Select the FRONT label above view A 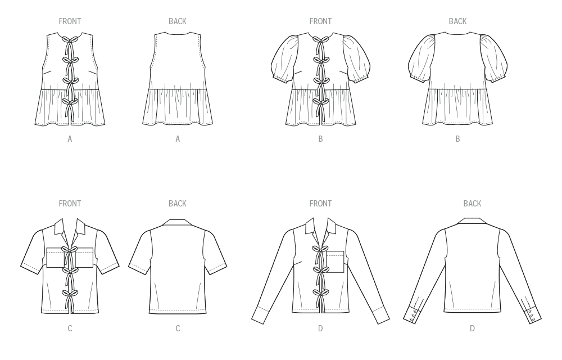tap(70, 21)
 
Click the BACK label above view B tap(457, 21)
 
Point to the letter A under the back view tap(178, 139)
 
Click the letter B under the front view tap(320, 139)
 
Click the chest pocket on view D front tap(335, 262)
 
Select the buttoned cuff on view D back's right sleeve tap(534, 316)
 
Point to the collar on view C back tap(178, 222)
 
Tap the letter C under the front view tap(70, 328)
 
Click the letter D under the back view tap(473, 328)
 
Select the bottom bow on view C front tap(70, 294)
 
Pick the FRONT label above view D tap(320, 204)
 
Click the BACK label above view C tap(178, 204)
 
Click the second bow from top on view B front tap(321, 60)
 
